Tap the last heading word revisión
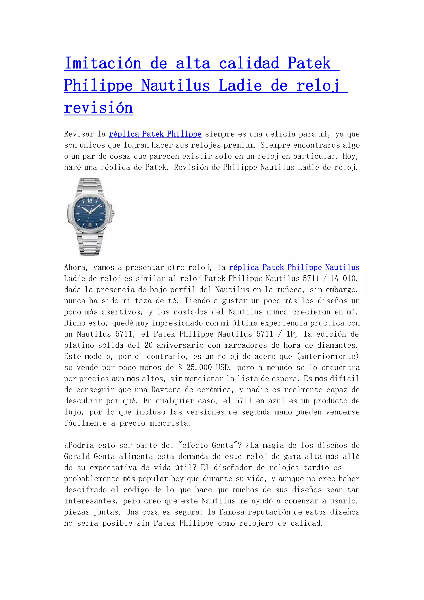[98, 108]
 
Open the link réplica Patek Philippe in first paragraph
[155, 134]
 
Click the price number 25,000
[199, 367]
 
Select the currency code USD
[223, 367]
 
